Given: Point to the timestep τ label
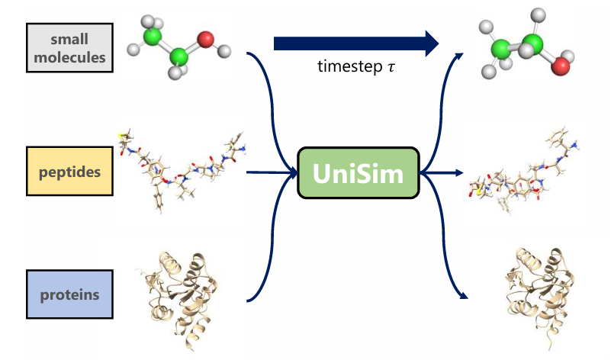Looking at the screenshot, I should coord(356,66).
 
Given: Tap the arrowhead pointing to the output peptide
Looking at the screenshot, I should coord(463,175).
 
